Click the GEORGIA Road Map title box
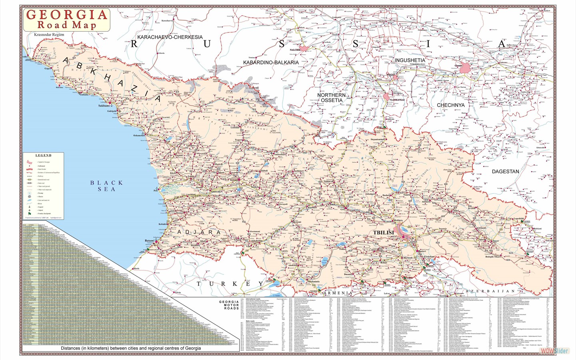(67, 19)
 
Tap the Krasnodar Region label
(49, 35)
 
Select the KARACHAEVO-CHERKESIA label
(170, 37)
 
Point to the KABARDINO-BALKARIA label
(271, 62)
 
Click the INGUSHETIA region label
(410, 60)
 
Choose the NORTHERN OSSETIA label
(331, 98)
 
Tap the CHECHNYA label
(450, 105)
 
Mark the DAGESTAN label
(505, 171)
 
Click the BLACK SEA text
(106, 186)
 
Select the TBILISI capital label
(383, 232)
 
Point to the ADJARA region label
(199, 232)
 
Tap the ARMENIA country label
(338, 293)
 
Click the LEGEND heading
(43, 155)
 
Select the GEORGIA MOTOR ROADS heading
(229, 305)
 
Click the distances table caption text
(131, 348)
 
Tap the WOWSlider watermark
(554, 351)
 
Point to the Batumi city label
(150, 241)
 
